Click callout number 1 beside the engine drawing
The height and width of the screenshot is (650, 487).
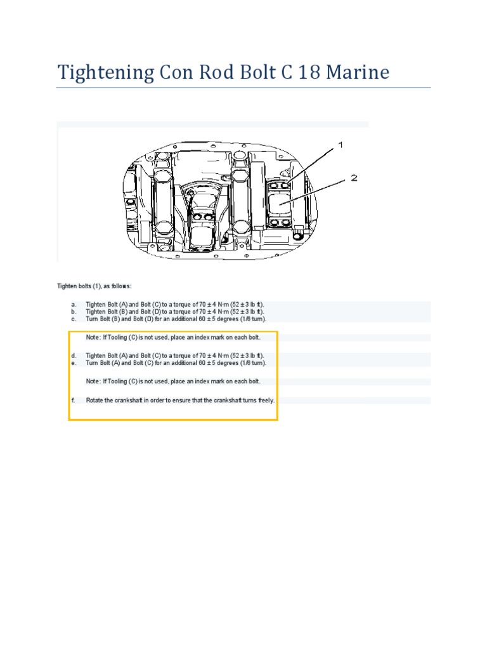(x=341, y=145)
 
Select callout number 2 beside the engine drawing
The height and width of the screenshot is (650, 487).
(x=354, y=178)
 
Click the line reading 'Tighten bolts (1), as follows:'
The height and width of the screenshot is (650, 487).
(x=94, y=286)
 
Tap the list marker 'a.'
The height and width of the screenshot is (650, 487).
(x=74, y=305)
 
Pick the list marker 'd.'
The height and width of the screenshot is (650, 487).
(x=74, y=355)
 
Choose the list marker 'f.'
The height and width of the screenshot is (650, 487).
(x=74, y=401)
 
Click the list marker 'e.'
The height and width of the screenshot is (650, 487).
(x=74, y=362)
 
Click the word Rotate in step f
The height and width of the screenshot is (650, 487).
(x=96, y=401)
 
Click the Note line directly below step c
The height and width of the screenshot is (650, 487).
(x=173, y=337)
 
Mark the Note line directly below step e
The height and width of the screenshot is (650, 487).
(x=173, y=381)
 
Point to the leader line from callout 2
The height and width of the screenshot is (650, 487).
(x=317, y=190)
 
